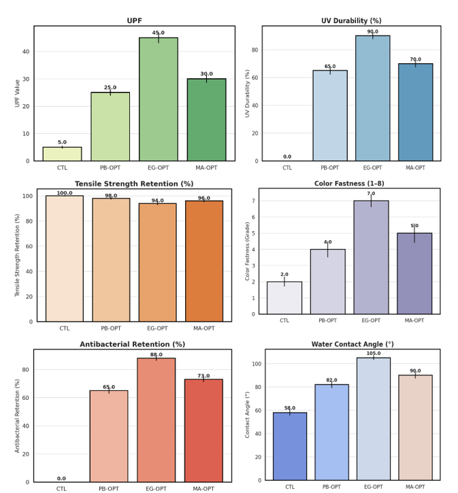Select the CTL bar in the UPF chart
pyautogui.click(x=62, y=154)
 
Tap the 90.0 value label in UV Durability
pyautogui.click(x=373, y=32)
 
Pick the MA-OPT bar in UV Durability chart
pyautogui.click(x=415, y=112)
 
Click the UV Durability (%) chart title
pyautogui.click(x=351, y=21)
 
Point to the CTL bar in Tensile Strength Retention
pyautogui.click(x=65, y=258)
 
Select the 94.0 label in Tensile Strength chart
pyautogui.click(x=157, y=201)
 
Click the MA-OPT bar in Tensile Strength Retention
pyautogui.click(x=204, y=261)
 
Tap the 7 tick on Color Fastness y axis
pyautogui.click(x=252, y=201)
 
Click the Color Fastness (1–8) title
pyautogui.click(x=348, y=184)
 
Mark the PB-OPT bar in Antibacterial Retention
pyautogui.click(x=109, y=436)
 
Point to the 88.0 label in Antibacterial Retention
pyautogui.click(x=156, y=355)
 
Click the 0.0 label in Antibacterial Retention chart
pyautogui.click(x=61, y=479)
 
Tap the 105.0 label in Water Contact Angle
pyautogui.click(x=374, y=354)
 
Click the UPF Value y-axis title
pyautogui.click(x=18, y=93)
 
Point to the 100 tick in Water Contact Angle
pyautogui.click(x=256, y=364)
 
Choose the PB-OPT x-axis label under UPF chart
pyautogui.click(x=110, y=168)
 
